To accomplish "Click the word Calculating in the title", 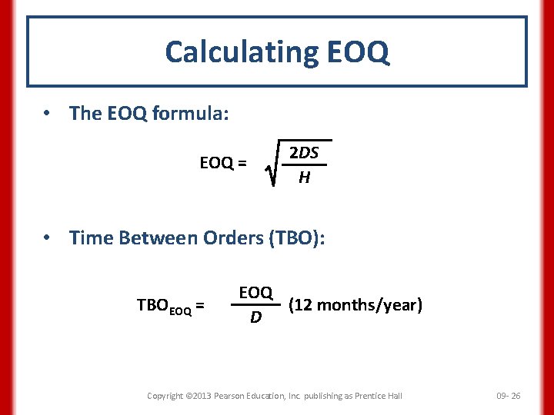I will tap(242, 52).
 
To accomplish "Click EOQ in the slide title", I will tap(358, 52).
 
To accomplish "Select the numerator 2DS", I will tap(304, 153).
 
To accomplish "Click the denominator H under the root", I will tap(305, 178).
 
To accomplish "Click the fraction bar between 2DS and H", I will tap(305, 165).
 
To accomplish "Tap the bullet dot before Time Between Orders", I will tap(47, 238).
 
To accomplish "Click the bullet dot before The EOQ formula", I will tap(47, 114).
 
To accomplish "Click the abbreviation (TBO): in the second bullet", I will tap(296, 238).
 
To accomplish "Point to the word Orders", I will tap(232, 238).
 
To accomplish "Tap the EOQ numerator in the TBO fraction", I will tap(255, 293).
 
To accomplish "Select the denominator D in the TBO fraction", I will tap(255, 317).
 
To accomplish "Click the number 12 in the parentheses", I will tap(302, 305).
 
